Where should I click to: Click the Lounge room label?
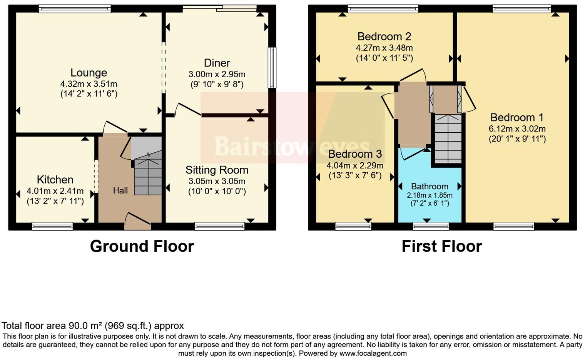pos(89,73)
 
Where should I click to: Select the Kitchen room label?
pos(55,180)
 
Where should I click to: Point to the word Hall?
pos(120,190)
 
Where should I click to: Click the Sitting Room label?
pos(217,170)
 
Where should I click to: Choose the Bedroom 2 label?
pos(384,37)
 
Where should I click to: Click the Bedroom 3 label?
pos(355,154)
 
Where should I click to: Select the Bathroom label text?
pos(430,187)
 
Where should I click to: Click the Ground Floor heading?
pos(142,246)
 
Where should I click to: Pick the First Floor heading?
pos(441,246)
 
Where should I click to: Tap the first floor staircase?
pos(448,138)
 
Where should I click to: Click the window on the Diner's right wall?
pos(272,68)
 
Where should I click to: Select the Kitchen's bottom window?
pos(52,226)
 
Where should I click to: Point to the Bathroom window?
pos(431,226)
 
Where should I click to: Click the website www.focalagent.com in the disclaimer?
pos(373,353)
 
